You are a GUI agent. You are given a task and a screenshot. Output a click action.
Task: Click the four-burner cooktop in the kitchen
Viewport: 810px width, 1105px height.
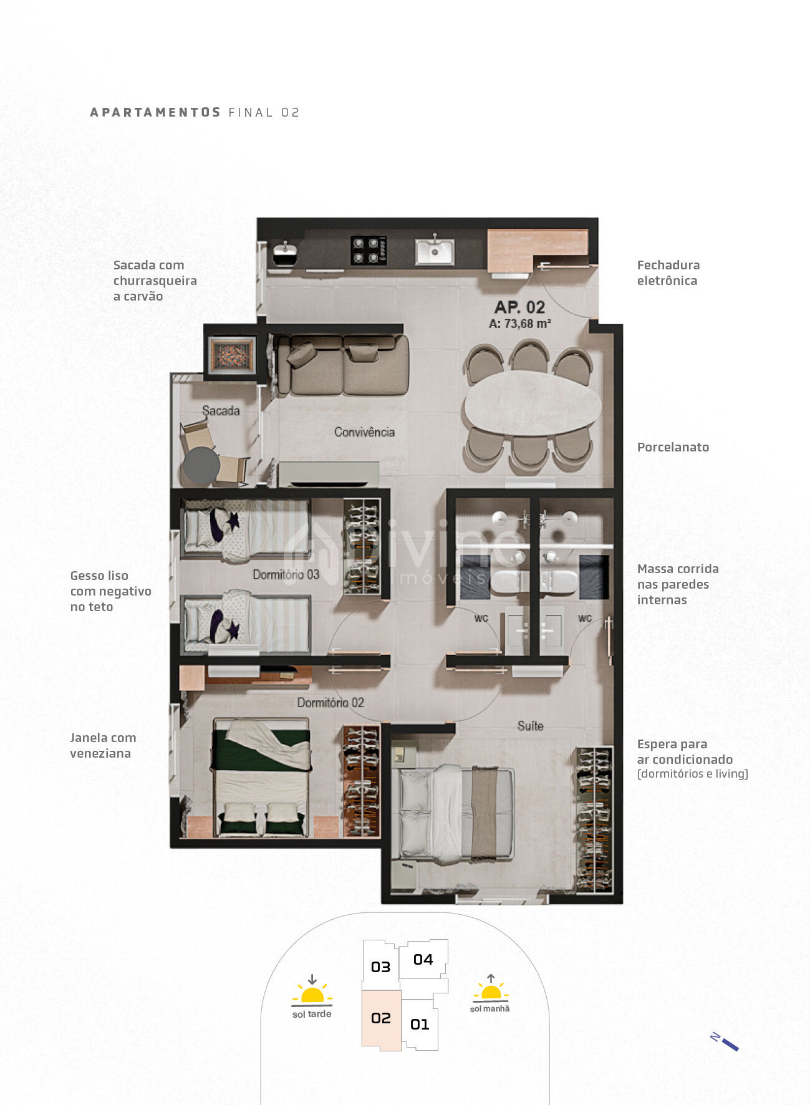click(x=368, y=251)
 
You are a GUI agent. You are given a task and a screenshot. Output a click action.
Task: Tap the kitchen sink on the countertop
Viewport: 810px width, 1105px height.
click(x=435, y=251)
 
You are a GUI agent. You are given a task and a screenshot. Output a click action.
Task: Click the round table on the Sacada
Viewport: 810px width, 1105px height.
click(x=201, y=465)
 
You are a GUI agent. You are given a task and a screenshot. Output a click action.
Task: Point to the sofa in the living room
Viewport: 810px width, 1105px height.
click(x=342, y=365)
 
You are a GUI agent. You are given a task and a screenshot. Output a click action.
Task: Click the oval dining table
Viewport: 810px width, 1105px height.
click(x=533, y=402)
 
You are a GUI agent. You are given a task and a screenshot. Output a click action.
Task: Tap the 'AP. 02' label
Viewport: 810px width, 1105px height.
click(x=519, y=307)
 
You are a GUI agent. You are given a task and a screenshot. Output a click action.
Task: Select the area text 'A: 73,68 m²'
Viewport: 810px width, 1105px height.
click(x=519, y=324)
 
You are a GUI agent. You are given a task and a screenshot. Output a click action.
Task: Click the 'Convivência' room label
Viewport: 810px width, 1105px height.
click(x=364, y=432)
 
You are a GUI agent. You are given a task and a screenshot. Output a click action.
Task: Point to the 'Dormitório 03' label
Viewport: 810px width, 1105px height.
click(x=286, y=574)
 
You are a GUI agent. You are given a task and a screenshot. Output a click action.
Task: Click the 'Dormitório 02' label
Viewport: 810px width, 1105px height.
click(x=330, y=703)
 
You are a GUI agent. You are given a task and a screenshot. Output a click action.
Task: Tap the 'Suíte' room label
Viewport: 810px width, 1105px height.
click(x=530, y=726)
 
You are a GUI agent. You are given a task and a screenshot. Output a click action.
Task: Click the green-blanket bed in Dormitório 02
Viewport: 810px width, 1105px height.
click(x=261, y=777)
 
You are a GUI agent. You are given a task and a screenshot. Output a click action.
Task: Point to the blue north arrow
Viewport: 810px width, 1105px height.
click(x=725, y=1042)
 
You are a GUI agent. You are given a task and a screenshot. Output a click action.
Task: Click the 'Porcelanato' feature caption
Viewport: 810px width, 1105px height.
click(x=673, y=447)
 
